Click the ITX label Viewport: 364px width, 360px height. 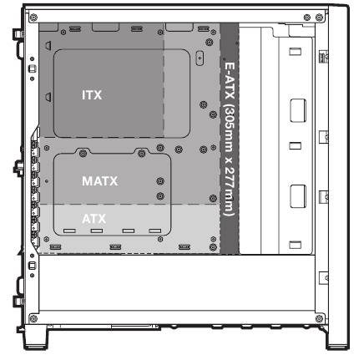(x=92, y=95)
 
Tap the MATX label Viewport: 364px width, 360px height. (x=100, y=181)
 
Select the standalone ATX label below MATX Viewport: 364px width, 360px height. (x=94, y=219)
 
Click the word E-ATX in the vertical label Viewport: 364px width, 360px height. (x=230, y=81)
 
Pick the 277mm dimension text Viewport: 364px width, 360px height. (x=230, y=191)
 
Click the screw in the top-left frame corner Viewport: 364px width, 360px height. (x=33, y=18)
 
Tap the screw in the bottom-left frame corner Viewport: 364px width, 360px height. (x=33, y=318)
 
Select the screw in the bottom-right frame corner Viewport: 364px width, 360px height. (x=319, y=318)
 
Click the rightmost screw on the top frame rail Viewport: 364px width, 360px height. (x=319, y=18)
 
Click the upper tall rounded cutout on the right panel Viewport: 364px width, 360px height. (x=298, y=110)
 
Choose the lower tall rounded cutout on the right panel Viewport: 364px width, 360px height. (x=298, y=196)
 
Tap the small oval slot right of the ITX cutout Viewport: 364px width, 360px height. (x=200, y=58)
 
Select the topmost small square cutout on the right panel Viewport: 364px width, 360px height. (x=295, y=52)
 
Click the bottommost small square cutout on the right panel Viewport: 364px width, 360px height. (x=295, y=245)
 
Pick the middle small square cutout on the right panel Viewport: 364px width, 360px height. (x=295, y=145)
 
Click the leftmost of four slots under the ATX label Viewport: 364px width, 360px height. (x=69, y=231)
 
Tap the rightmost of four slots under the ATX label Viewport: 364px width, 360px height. (x=155, y=231)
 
